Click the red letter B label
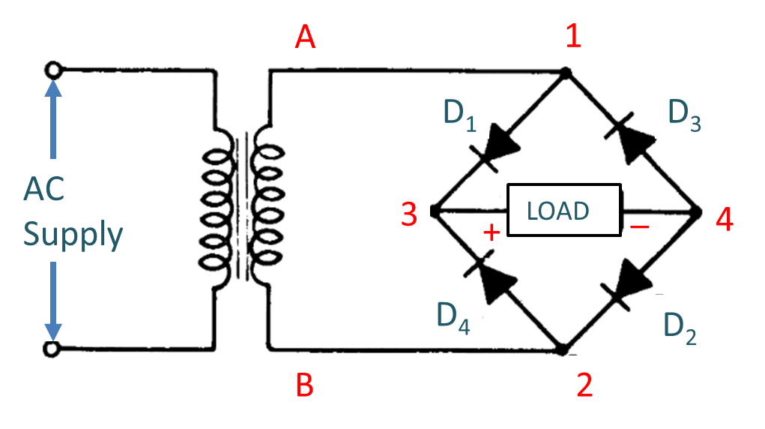pyautogui.click(x=304, y=385)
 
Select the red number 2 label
pyautogui.click(x=584, y=385)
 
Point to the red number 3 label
pyautogui.click(x=409, y=214)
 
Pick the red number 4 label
pyautogui.click(x=725, y=219)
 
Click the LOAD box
pyautogui.click(x=564, y=211)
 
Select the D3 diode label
pyautogui.click(x=683, y=115)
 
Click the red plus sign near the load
pyautogui.click(x=492, y=232)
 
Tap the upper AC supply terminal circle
pyautogui.click(x=52, y=70)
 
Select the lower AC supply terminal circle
pyautogui.click(x=52, y=349)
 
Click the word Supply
pyautogui.click(x=73, y=235)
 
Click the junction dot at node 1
pyautogui.click(x=566, y=73)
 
